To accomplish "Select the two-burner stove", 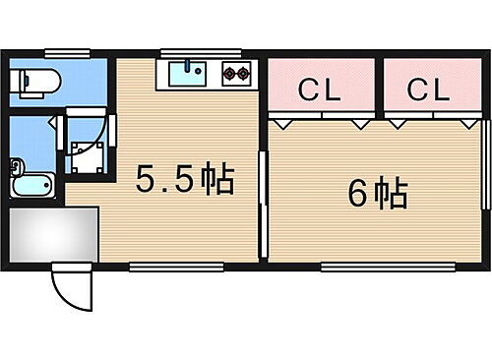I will coord(237,72).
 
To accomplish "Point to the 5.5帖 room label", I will coord(184,181).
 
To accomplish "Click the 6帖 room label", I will coord(378,195).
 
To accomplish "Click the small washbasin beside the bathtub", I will coord(15,165).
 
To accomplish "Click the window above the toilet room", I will coord(61,53).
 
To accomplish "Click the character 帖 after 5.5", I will coord(217,181).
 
